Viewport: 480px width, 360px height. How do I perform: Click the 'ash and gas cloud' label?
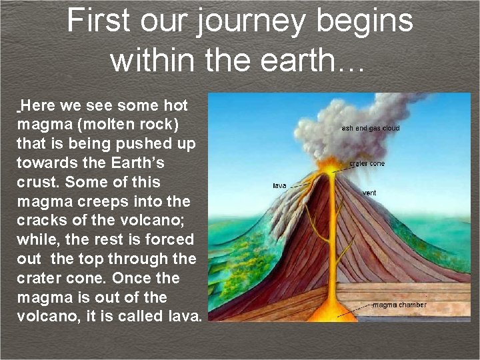tap(371, 128)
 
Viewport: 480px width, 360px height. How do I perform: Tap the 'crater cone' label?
tap(367, 163)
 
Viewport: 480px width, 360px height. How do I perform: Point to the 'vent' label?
tap(369, 193)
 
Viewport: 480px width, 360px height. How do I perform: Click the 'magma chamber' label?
tap(399, 305)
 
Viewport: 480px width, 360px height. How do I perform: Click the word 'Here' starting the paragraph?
tap(39, 105)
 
